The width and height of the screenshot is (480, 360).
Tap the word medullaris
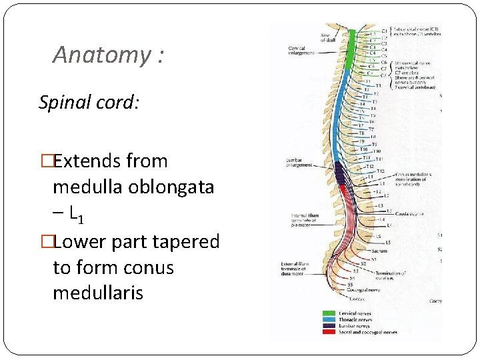point(98,293)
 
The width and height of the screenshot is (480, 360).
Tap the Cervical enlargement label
point(298,51)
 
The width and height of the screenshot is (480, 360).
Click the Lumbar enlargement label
point(299,162)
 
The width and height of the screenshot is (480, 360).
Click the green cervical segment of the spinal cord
point(351,50)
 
